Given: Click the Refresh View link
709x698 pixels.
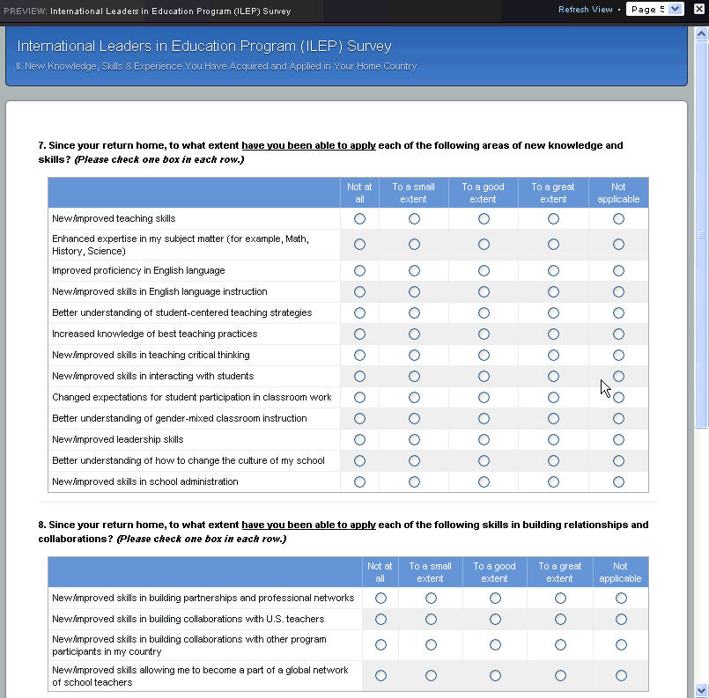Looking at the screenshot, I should point(585,10).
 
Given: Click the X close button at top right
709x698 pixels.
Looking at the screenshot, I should point(699,10).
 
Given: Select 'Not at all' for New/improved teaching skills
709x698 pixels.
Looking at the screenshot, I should point(359,218).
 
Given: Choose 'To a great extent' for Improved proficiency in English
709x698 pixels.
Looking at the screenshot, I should point(553,270).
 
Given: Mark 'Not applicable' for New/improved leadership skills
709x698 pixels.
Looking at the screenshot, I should point(618,439).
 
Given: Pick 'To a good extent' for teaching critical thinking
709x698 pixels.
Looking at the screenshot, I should point(484,355).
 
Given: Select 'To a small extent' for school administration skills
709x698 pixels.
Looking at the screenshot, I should point(414,481).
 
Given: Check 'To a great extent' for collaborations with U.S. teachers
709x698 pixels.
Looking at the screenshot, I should point(560,619).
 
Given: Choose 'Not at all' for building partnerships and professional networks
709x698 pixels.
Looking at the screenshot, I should point(380,598).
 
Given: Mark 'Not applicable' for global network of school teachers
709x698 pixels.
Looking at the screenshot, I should point(621,675).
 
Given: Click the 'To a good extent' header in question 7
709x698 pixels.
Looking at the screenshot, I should point(483,193).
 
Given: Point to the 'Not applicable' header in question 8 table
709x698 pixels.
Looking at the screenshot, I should point(620,572).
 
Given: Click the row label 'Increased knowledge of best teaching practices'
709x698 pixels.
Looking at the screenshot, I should point(154,334).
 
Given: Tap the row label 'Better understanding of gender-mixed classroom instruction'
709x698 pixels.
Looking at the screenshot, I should point(179,418).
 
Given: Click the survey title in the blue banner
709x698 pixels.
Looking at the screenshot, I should point(203,47).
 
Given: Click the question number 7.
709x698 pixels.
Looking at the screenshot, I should point(41,145).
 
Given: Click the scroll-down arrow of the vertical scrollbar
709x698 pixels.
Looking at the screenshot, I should point(701,690).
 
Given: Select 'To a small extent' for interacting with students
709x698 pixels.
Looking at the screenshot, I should point(414,376).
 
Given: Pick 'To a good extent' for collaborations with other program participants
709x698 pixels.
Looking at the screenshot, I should point(495,644).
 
